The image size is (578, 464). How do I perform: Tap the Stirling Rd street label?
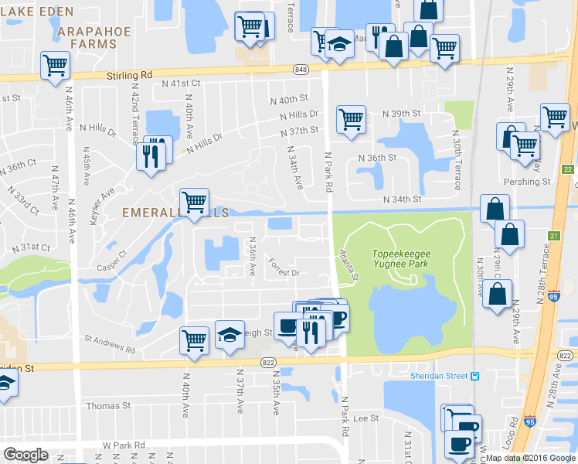click(129, 75)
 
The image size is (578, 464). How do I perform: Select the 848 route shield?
click(300, 70)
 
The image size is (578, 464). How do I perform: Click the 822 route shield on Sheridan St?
click(268, 362)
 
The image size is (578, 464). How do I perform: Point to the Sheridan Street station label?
click(444, 376)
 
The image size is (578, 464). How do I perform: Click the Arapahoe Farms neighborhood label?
click(87, 36)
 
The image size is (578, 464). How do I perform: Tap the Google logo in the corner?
click(25, 455)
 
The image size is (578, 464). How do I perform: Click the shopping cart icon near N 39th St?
click(351, 120)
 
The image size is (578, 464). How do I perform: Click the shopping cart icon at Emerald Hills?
click(194, 203)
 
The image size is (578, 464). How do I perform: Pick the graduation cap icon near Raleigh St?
click(229, 334)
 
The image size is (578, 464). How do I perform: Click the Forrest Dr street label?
click(284, 272)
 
